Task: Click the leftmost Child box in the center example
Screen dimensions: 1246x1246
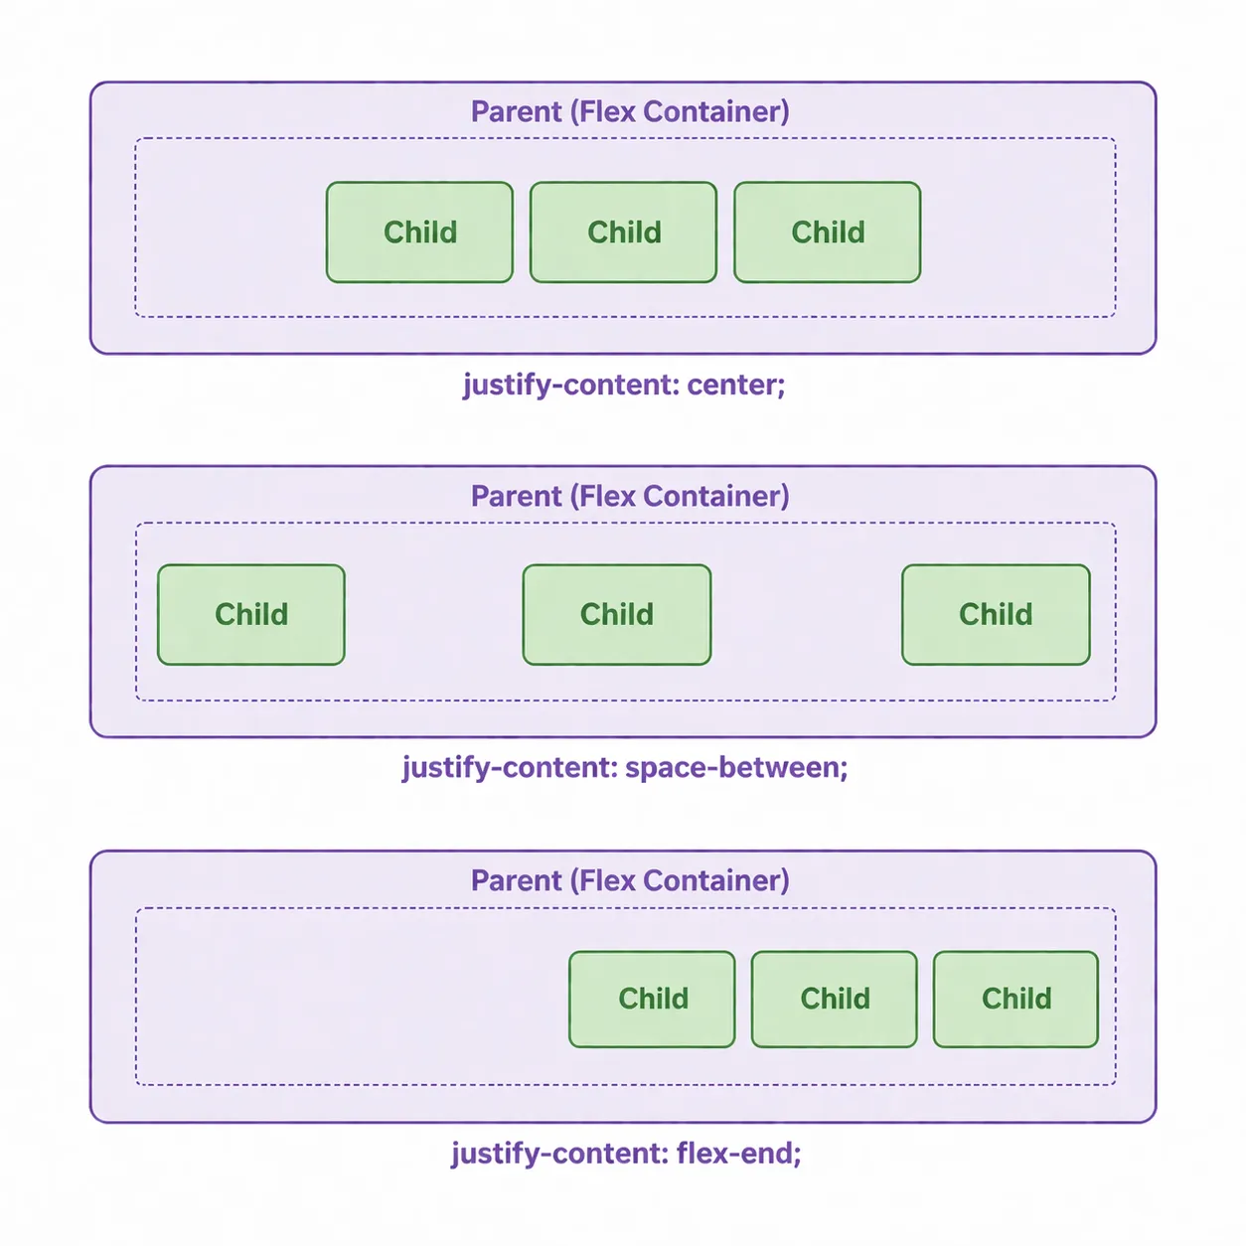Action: tap(419, 233)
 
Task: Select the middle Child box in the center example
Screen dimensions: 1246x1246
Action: tap(623, 233)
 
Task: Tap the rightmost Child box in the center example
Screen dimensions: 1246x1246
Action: tap(827, 233)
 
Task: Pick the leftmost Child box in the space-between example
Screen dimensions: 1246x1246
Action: tap(251, 615)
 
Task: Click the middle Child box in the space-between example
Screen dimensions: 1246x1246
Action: tap(617, 615)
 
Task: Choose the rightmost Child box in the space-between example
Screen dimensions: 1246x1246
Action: tap(996, 615)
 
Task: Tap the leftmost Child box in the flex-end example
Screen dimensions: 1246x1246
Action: tap(652, 1000)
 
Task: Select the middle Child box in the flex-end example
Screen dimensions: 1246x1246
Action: tap(835, 1000)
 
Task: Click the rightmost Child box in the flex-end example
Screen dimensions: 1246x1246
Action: tap(1015, 1000)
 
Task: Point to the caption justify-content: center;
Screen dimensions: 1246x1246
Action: tap(624, 386)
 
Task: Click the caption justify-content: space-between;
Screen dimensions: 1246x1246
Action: tap(625, 768)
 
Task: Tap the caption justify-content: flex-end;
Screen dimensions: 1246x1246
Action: tap(626, 1154)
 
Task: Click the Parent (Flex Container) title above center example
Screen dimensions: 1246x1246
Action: tap(630, 111)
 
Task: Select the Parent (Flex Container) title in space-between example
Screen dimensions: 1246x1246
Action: tap(630, 496)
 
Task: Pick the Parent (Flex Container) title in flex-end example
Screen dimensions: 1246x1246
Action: tap(630, 880)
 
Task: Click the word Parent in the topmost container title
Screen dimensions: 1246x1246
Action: tap(516, 111)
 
